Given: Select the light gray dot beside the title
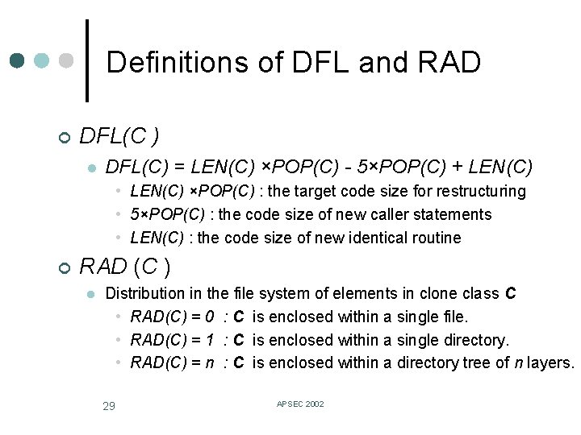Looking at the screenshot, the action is point(67,61).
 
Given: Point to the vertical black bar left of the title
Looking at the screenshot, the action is point(87,61).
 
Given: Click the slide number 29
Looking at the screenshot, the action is point(109,405).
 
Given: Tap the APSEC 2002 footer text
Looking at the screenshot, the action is point(300,404).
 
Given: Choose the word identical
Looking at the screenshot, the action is point(370,238).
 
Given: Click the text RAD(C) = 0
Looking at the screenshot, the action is point(172,317).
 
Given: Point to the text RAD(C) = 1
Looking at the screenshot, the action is point(172,340).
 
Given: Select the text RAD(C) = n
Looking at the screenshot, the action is point(172,362).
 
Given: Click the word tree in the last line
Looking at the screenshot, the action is point(475,362).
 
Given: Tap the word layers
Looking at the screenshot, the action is point(550,362).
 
